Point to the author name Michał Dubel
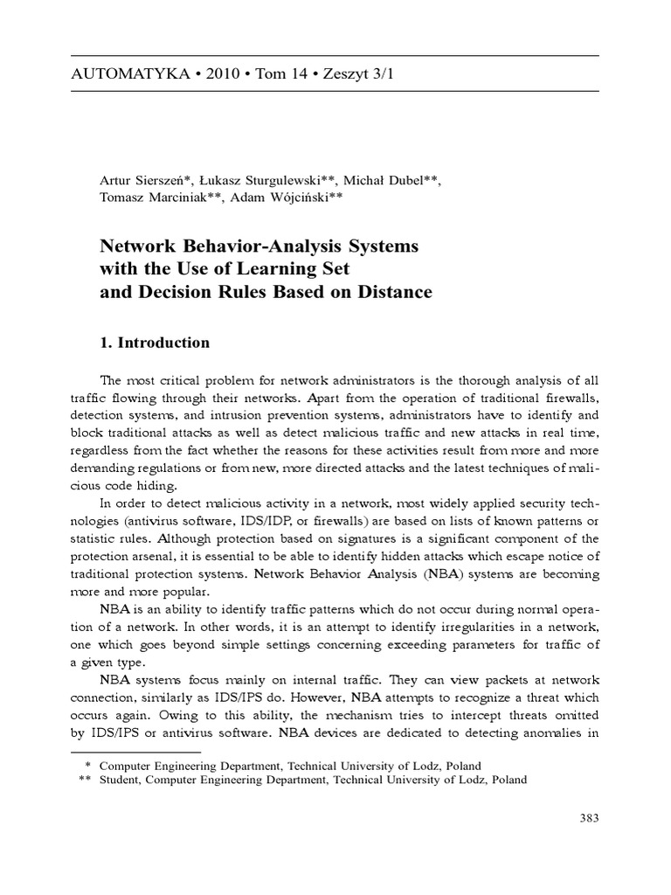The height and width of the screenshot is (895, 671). pyautogui.click(x=387, y=181)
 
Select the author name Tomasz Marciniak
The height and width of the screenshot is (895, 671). pyautogui.click(x=156, y=198)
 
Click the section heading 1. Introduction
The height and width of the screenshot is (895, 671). pyautogui.click(x=156, y=343)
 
